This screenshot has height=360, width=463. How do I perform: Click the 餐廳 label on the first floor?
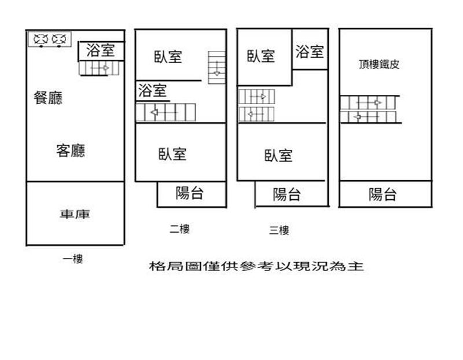pos(48,98)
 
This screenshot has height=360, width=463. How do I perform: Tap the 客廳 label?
pos(71,150)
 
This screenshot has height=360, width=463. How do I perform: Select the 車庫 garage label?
pos(75,214)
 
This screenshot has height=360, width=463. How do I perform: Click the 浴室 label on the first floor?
pos(100,50)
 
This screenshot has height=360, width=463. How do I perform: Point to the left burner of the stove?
pos(41,39)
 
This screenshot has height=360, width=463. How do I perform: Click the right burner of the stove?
pos(59,39)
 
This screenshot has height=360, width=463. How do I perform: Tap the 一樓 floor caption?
pos(73,259)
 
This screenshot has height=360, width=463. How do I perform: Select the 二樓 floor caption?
pos(179,229)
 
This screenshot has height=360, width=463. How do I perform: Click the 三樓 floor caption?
pos(279,230)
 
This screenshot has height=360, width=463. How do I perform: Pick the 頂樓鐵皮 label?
pos(379,64)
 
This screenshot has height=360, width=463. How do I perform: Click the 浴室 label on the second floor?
pos(152,90)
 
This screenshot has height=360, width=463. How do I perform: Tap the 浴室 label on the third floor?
pos(310,52)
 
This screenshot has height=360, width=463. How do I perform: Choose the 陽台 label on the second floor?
pos(190,193)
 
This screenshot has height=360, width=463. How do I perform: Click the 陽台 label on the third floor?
pos(286,194)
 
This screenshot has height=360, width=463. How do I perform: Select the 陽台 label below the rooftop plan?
pos(383,194)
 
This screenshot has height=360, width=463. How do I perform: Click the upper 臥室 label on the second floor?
pos(168,56)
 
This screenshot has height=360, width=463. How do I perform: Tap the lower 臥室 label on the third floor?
pos(278,155)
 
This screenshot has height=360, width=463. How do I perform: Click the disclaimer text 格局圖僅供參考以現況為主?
pos(256,266)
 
